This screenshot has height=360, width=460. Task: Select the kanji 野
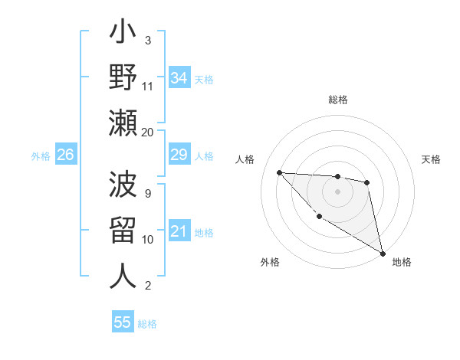123,79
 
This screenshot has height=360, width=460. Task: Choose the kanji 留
123,231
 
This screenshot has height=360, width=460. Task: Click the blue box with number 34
179,77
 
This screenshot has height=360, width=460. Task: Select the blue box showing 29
179,155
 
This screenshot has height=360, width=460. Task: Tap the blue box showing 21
179,232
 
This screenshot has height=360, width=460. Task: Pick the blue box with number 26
65,155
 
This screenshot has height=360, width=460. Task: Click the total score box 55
123,322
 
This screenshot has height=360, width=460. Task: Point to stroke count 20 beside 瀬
148,133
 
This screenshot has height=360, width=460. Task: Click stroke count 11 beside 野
148,87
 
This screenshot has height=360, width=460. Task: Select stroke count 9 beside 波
148,194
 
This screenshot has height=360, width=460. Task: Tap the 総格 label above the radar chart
338,100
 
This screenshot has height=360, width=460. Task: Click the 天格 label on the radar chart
431,159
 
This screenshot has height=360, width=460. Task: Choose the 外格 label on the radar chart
270,262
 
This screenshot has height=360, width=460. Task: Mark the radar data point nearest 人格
280,172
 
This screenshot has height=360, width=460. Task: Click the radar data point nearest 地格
383,254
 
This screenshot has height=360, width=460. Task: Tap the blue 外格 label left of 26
41,156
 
